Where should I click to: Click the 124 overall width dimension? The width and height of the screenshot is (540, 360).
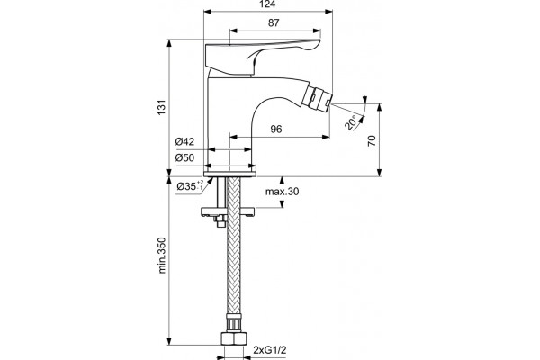pos(268,4)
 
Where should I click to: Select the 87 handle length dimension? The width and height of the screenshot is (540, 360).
pos(274,23)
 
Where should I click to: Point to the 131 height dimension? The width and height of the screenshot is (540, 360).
pos(162,107)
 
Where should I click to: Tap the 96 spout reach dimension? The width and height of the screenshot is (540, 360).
pos(276,130)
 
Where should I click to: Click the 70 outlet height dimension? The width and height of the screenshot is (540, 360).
pos(372,141)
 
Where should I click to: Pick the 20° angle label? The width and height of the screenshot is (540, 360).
pos(352,123)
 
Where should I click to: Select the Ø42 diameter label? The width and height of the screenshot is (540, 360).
pos(184,141)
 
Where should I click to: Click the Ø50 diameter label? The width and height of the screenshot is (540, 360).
pos(184,157)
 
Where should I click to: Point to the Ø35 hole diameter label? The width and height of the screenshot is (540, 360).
pos(190,186)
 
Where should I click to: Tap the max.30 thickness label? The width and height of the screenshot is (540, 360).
pos(282,192)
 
